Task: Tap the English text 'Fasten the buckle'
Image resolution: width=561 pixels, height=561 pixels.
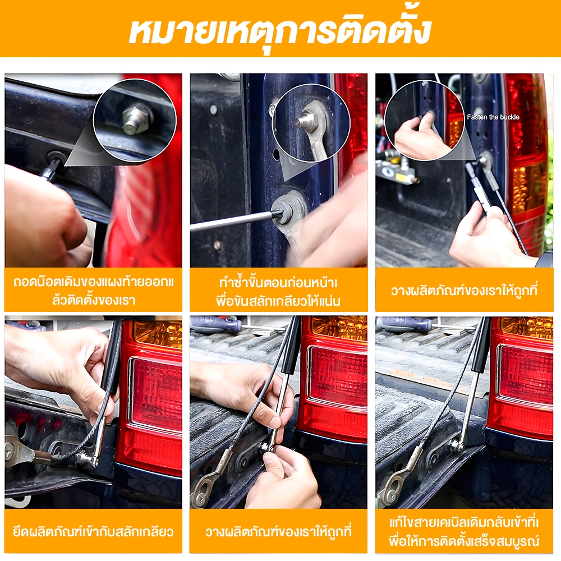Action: coord(493,117)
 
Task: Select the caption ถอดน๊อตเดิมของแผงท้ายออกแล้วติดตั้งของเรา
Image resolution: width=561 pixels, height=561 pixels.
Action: coord(94,291)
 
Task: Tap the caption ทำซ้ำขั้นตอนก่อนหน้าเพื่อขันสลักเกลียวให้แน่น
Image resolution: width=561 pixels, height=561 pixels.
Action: coord(278,292)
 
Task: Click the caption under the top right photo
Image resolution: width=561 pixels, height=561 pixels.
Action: coord(464,291)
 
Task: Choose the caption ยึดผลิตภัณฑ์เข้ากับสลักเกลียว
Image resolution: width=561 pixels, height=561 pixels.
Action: coord(93,532)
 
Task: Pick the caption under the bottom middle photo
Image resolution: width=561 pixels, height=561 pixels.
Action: coord(278,532)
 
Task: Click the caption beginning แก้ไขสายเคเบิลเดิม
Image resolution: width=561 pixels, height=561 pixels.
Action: coord(464,532)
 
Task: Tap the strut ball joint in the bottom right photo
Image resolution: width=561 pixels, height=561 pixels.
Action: coord(457,446)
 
